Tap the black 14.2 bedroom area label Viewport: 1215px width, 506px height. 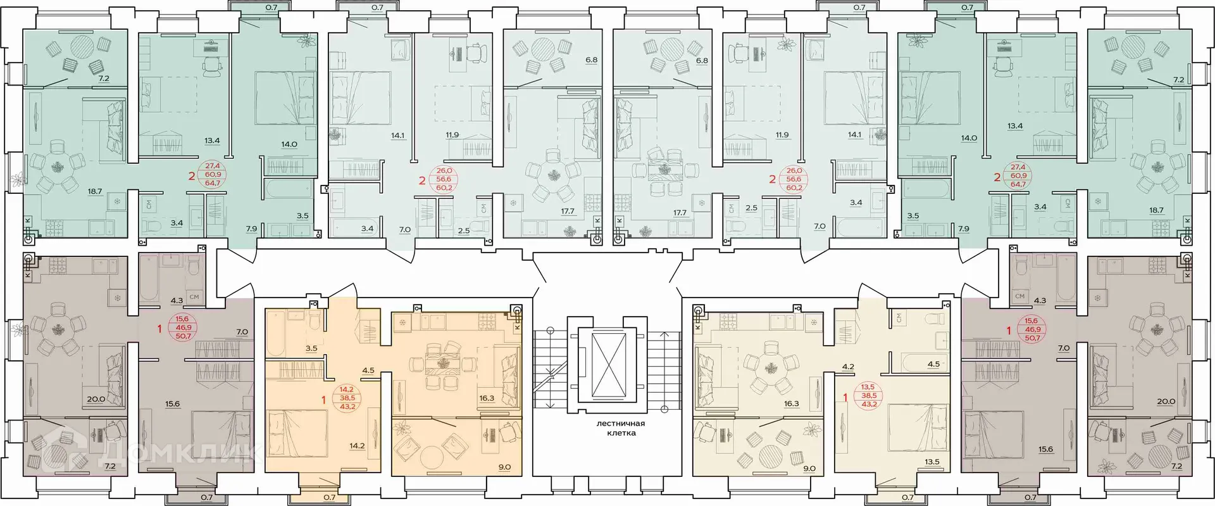(x=357, y=446)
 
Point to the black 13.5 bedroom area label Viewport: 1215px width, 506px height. (x=931, y=462)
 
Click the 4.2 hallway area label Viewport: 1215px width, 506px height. (x=849, y=366)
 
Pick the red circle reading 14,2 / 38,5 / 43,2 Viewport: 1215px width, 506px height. (x=347, y=398)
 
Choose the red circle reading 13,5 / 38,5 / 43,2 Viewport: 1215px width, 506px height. (x=868, y=396)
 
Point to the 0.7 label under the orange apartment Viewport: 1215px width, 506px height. (x=329, y=498)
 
